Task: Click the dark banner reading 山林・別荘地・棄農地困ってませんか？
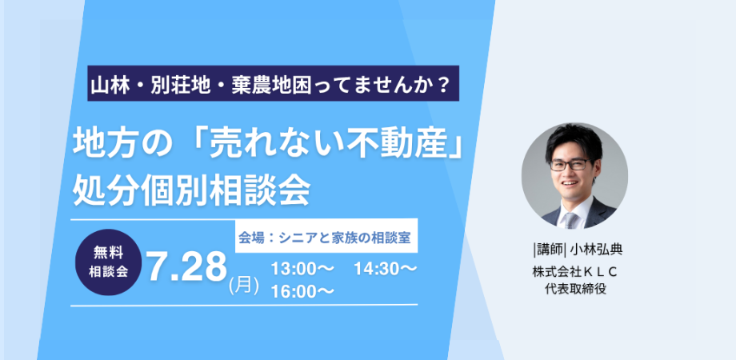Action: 273,83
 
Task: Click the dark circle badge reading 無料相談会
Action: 109,262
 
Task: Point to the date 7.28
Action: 187,267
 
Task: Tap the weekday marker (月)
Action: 244,286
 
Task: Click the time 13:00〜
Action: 302,270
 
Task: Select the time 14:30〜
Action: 386,270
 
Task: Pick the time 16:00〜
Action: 302,291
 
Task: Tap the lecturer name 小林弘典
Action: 596,250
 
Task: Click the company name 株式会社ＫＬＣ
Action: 574,271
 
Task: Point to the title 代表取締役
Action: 575,289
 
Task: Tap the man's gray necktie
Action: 570,220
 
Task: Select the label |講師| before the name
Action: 550,250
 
